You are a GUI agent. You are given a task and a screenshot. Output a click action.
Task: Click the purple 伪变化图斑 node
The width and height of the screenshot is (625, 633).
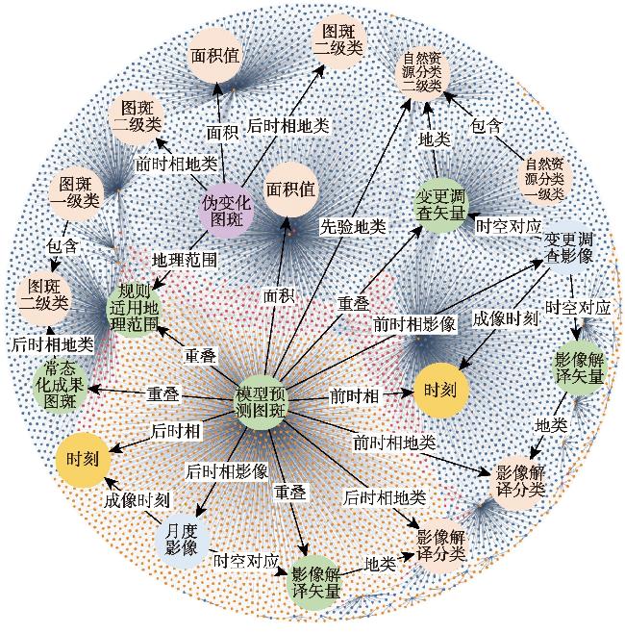pyautogui.click(x=226, y=211)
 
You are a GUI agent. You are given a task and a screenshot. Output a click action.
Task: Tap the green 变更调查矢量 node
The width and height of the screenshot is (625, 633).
pyautogui.click(x=440, y=206)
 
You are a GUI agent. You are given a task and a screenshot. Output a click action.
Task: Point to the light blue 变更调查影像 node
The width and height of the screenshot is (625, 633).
pyautogui.click(x=567, y=248)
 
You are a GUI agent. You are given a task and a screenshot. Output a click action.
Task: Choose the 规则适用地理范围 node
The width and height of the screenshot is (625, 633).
pyautogui.click(x=133, y=308)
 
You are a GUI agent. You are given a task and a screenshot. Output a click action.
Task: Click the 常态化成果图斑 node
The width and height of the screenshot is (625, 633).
pyautogui.click(x=60, y=385)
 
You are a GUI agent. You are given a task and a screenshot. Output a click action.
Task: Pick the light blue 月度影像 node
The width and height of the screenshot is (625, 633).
pyautogui.click(x=182, y=540)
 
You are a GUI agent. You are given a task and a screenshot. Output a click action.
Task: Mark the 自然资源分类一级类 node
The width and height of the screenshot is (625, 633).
pyautogui.click(x=544, y=178)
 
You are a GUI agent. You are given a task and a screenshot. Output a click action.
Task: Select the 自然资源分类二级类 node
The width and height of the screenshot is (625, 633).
pyautogui.click(x=422, y=73)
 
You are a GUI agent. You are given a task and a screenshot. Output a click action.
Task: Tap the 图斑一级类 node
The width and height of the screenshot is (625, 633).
pyautogui.click(x=75, y=193)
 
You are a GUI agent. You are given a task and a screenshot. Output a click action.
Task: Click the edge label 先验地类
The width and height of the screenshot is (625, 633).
pyautogui.click(x=353, y=227)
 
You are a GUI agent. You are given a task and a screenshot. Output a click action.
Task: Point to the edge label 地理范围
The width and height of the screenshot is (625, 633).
pyautogui.click(x=185, y=260)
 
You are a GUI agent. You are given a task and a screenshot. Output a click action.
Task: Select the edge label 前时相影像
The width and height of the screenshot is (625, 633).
pyautogui.click(x=414, y=324)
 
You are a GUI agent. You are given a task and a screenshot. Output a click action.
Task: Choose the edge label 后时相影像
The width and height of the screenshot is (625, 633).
pyautogui.click(x=227, y=471)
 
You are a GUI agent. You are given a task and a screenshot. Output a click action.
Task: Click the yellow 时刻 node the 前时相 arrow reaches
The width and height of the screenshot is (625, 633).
pyautogui.click(x=440, y=390)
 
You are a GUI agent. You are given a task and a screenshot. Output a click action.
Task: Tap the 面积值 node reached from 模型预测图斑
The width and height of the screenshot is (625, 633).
pyautogui.click(x=290, y=190)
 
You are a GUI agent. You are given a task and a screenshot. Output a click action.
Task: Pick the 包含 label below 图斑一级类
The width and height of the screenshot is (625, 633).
pyautogui.click(x=62, y=246)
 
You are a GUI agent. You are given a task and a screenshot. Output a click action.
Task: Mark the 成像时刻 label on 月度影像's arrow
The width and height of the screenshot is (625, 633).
pyautogui.click(x=137, y=500)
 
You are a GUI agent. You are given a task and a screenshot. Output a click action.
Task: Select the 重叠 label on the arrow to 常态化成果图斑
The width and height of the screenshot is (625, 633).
pyautogui.click(x=162, y=394)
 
